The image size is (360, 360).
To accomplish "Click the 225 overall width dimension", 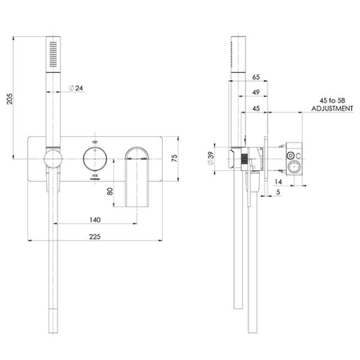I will click(94, 236).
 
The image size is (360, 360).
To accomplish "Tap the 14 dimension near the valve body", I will click(278, 182).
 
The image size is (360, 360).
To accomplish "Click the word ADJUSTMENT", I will click(332, 108).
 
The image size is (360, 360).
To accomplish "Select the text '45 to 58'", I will click(332, 100).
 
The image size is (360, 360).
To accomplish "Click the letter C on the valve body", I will click(298, 155).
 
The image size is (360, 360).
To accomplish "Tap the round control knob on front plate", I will click(94, 159).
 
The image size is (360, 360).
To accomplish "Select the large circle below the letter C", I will click(294, 167).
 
